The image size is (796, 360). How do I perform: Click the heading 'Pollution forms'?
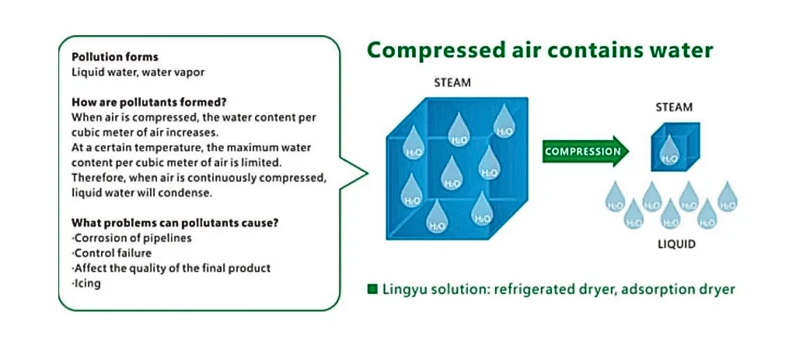[x=114, y=57]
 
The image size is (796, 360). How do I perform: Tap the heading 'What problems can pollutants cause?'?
[x=175, y=222]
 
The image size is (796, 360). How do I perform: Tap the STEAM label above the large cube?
[x=452, y=82]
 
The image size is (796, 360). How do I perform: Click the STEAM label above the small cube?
[x=674, y=107]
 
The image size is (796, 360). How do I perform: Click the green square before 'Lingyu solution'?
[x=372, y=289]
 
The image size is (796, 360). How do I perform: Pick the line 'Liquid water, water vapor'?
[x=138, y=72]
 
